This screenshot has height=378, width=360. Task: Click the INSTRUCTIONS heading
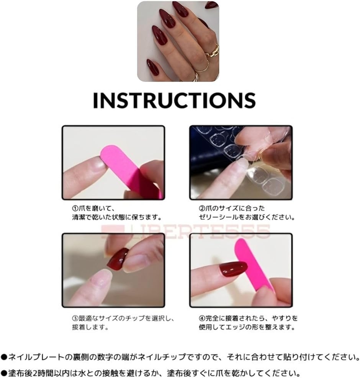click(174, 100)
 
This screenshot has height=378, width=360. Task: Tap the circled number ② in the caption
click(202, 208)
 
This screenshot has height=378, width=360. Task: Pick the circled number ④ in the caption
click(202, 318)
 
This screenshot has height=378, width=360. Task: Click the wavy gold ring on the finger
click(213, 51)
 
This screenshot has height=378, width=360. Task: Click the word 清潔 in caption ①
click(79, 218)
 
